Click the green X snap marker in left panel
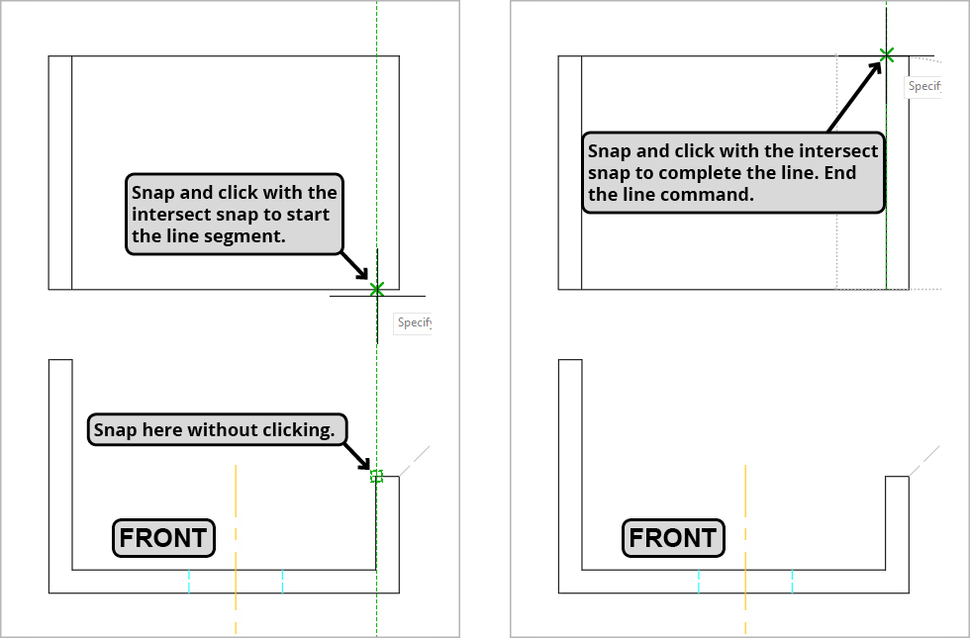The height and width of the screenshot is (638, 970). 376,289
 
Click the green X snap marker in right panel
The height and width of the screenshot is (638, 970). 886,55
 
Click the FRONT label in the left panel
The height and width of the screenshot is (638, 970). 163,538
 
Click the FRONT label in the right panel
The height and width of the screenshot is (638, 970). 673,538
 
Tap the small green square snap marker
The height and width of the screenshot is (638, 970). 376,476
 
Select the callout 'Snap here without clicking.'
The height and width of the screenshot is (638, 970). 218,430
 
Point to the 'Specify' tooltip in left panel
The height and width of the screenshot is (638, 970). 413,322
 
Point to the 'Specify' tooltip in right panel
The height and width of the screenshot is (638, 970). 923,86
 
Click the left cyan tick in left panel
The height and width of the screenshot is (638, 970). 188,581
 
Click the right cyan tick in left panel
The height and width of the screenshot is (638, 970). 282,581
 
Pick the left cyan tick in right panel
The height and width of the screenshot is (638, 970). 699,581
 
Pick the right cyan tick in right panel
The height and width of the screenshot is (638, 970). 792,581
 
